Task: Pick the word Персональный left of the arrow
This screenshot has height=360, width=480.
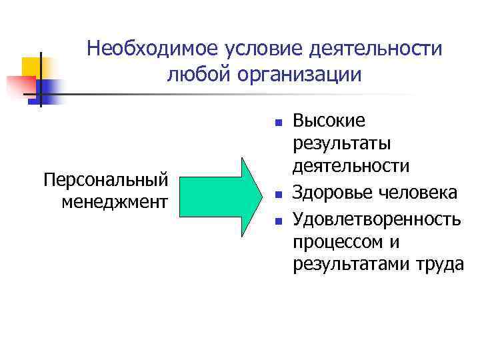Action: [105, 180]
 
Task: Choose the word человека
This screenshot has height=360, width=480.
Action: [418, 193]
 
